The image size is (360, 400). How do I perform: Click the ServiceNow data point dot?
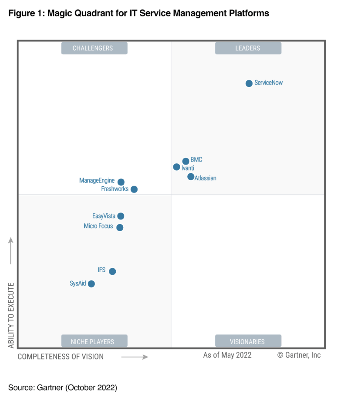pyautogui.click(x=249, y=83)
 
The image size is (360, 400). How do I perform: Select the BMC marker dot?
pyautogui.click(x=185, y=161)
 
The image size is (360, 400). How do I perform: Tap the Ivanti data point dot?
pyautogui.click(x=176, y=167)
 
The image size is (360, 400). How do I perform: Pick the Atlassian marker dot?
pyautogui.click(x=191, y=177)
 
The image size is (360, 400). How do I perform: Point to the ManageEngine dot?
pyautogui.click(x=121, y=182)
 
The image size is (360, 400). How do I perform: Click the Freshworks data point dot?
pyautogui.click(x=134, y=189)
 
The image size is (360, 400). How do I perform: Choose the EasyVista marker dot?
pyautogui.click(x=121, y=216)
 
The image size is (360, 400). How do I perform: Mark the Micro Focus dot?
pyautogui.click(x=120, y=228)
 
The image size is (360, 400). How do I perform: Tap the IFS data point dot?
pyautogui.click(x=112, y=271)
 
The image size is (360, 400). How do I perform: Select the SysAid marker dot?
pyautogui.click(x=91, y=284)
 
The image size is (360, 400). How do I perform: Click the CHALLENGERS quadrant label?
pyautogui.click(x=94, y=48)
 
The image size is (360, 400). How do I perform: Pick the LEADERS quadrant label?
pyautogui.click(x=248, y=48)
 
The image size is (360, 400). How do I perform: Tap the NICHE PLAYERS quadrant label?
pyautogui.click(x=94, y=341)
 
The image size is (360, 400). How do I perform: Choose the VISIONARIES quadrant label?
pyautogui.click(x=248, y=341)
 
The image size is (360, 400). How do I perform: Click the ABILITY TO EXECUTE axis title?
pyautogui.click(x=11, y=315)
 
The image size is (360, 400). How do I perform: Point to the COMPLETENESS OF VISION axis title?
pyautogui.click(x=61, y=357)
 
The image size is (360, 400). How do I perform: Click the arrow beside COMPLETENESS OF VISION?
pyautogui.click(x=135, y=357)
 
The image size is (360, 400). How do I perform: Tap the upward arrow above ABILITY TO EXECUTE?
pyautogui.click(x=11, y=251)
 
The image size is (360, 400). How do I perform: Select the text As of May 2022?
pyautogui.click(x=227, y=355)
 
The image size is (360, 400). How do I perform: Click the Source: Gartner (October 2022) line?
pyautogui.click(x=63, y=388)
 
